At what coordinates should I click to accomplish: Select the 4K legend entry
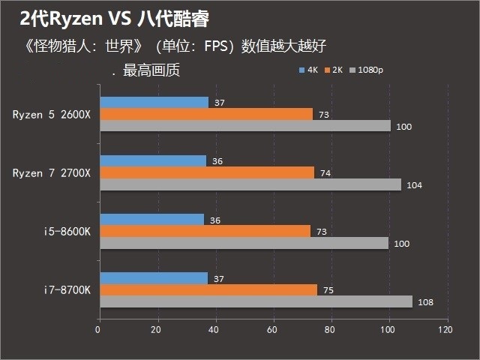coord(309,70)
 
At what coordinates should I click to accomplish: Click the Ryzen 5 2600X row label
coord(51,115)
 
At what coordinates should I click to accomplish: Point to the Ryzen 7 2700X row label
coord(51,173)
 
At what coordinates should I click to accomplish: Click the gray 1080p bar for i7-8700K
coord(256,301)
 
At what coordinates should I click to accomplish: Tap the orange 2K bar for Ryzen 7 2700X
coord(206,172)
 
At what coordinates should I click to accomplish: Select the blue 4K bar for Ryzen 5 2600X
coord(154,103)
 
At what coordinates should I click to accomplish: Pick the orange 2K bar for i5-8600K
coord(205,231)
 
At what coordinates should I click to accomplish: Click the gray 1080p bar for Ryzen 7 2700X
coord(250,184)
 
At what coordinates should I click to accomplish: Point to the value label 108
coord(424,302)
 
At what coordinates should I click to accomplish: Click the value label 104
coord(413,185)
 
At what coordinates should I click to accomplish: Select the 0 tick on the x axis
coord(99,329)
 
